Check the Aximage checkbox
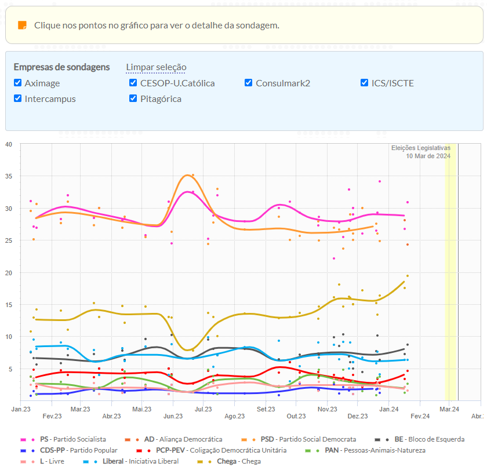(x=18, y=83)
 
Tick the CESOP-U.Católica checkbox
(x=133, y=83)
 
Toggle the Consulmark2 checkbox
(x=249, y=83)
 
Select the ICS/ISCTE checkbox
(x=365, y=83)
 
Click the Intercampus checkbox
(x=18, y=99)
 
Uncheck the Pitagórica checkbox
(x=133, y=99)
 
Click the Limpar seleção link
(x=156, y=67)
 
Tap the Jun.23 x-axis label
(x=172, y=416)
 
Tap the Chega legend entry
(x=238, y=461)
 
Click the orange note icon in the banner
(x=22, y=25)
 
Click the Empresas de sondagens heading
(x=61, y=67)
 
